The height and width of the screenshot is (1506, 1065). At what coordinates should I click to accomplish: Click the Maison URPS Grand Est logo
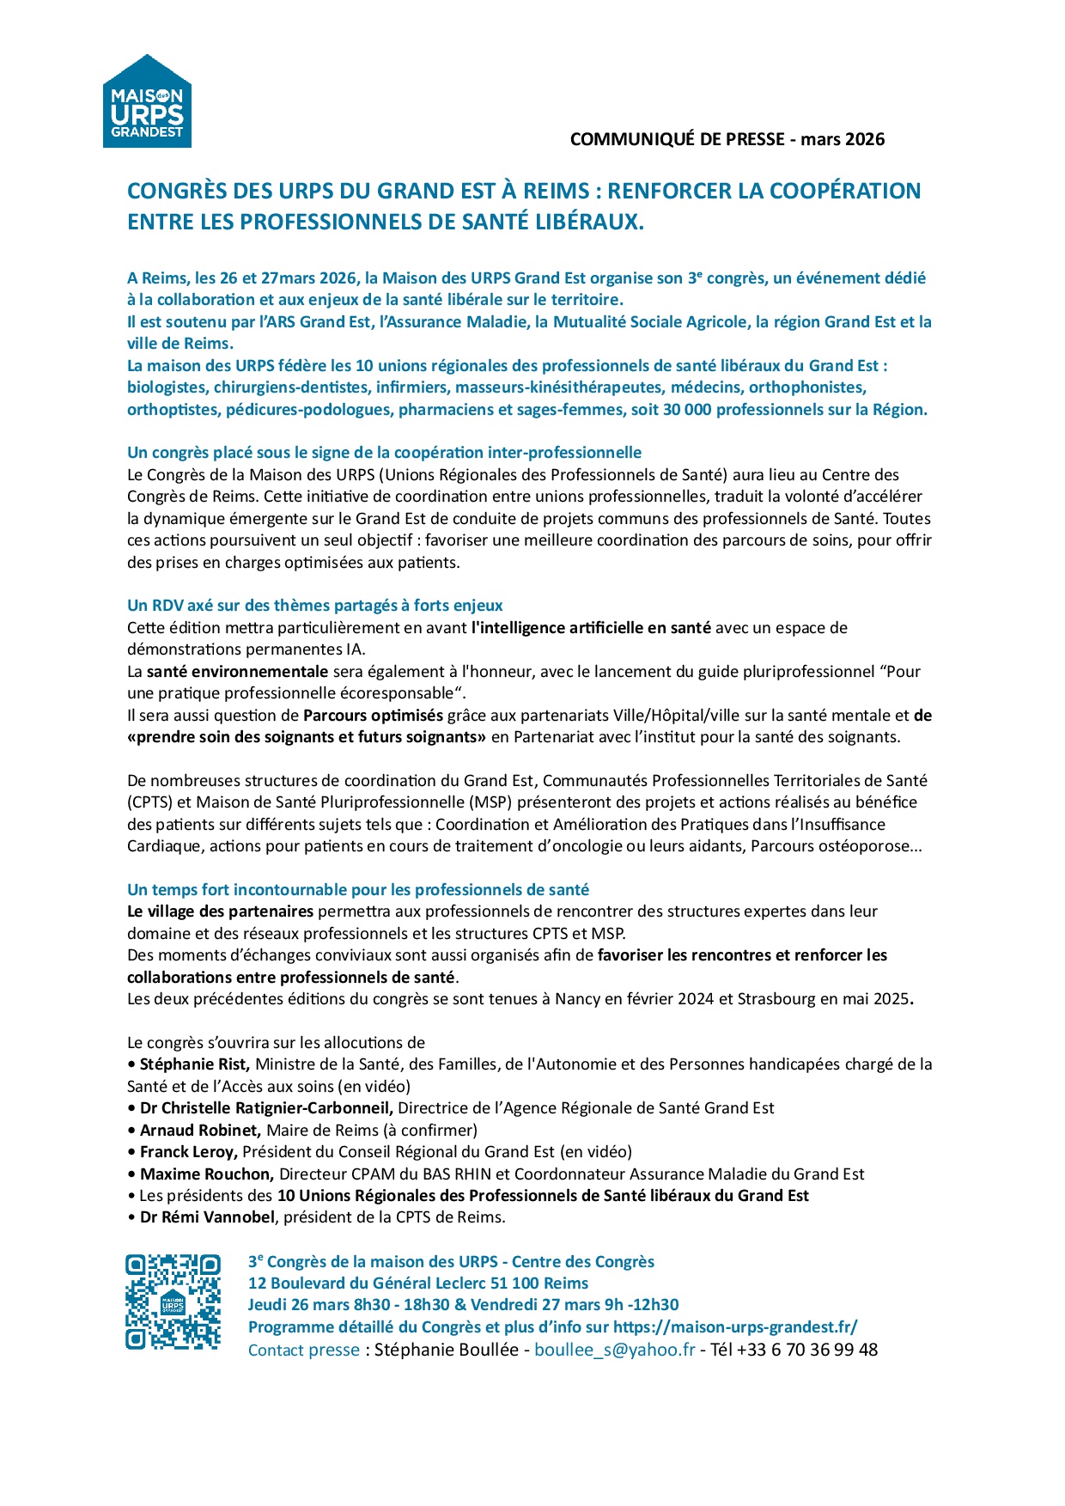[x=147, y=102]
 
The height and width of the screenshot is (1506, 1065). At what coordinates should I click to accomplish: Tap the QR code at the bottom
[x=173, y=1302]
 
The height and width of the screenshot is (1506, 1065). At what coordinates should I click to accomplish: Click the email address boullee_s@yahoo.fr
[x=614, y=1350]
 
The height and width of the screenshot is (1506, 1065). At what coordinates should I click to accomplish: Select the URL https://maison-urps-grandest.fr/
[x=735, y=1327]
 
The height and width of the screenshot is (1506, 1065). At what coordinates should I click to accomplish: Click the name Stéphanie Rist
[x=194, y=1064]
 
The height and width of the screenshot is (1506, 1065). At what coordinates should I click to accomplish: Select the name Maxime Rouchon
[x=206, y=1174]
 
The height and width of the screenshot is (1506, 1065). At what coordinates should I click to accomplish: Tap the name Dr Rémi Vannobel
[x=207, y=1217]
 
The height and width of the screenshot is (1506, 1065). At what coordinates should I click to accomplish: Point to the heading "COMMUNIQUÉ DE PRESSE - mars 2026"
[x=727, y=139]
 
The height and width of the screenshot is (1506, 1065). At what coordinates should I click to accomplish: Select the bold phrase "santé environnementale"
[x=237, y=672]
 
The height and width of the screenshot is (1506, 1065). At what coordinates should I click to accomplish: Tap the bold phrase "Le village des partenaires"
[x=220, y=912]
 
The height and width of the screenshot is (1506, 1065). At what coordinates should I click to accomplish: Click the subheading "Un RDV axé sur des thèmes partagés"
[x=314, y=606]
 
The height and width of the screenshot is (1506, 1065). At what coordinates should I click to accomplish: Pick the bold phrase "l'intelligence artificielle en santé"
[x=591, y=628]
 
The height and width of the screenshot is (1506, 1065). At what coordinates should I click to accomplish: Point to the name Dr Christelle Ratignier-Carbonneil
[x=266, y=1108]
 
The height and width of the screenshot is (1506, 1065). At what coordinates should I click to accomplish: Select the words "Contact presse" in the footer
[x=303, y=1350]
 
